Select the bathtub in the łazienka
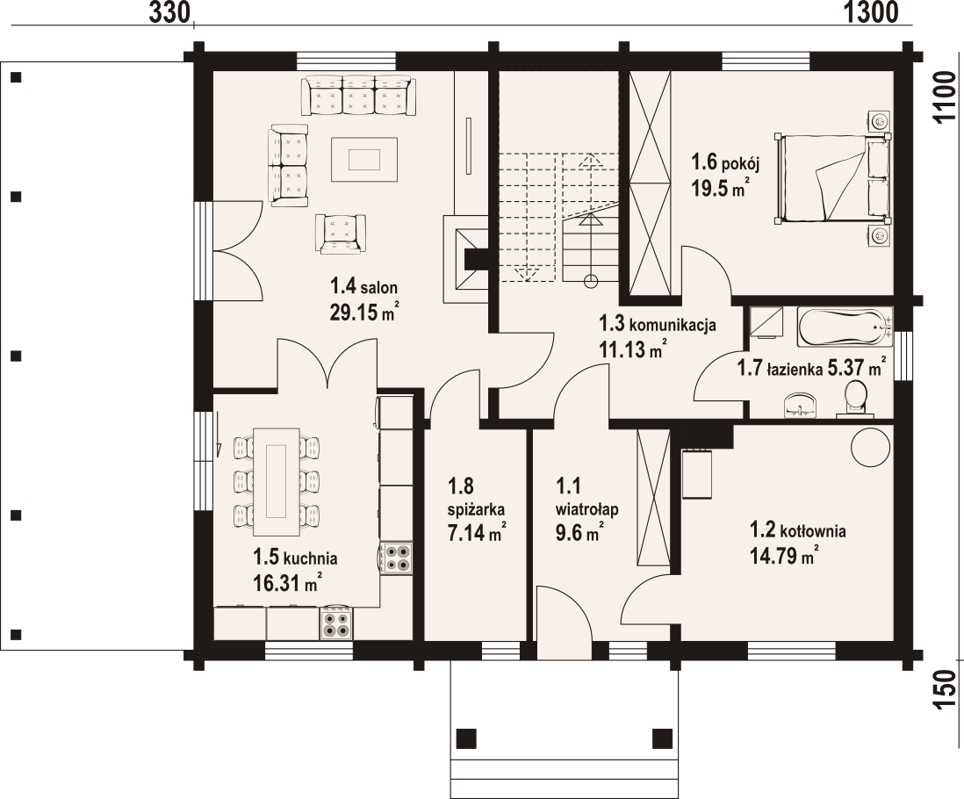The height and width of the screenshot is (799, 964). (843, 328)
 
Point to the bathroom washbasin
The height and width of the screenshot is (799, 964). (799, 405)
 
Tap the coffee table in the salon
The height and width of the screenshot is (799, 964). (363, 159)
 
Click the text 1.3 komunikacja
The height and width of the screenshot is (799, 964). (658, 324)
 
